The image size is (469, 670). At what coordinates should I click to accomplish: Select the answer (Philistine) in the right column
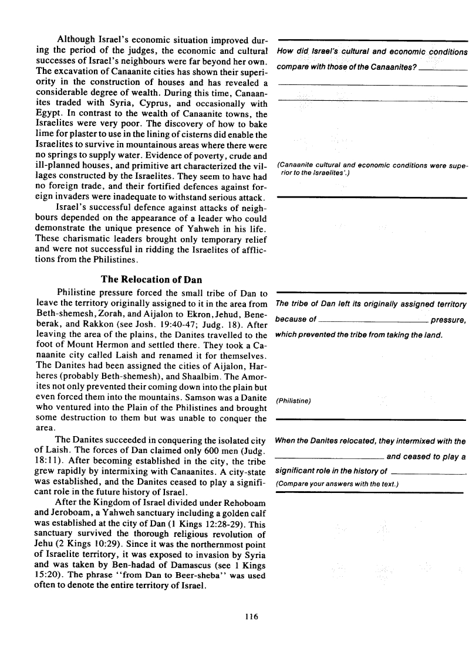click(293, 401)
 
